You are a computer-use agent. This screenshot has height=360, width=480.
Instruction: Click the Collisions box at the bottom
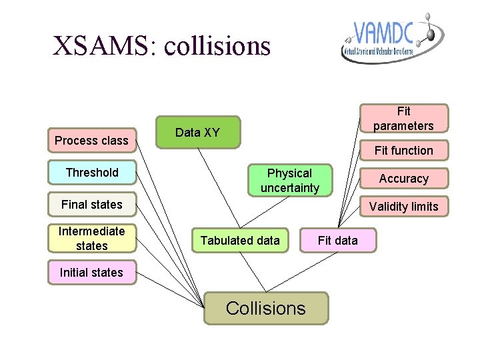click(266, 308)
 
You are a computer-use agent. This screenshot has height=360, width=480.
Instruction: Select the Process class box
click(92, 140)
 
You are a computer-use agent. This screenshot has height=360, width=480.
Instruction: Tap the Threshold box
click(92, 173)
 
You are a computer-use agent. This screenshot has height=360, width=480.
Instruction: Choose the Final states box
click(92, 204)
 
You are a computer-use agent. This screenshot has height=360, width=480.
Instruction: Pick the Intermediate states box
click(92, 239)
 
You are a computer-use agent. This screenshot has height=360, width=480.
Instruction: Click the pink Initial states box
click(91, 272)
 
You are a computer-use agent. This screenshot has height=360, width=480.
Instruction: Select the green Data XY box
click(197, 132)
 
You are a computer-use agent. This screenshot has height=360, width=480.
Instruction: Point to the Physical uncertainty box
click(289, 181)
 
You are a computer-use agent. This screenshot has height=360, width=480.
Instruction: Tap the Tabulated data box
click(240, 240)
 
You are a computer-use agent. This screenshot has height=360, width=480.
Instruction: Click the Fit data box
click(337, 240)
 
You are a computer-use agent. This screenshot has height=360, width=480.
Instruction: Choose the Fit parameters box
click(403, 118)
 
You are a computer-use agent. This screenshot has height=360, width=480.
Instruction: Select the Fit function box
click(403, 151)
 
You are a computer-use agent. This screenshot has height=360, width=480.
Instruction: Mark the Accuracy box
click(403, 179)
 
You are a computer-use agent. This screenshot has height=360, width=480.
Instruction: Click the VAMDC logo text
click(384, 33)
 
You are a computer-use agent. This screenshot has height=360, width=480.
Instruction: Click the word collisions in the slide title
click(217, 46)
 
